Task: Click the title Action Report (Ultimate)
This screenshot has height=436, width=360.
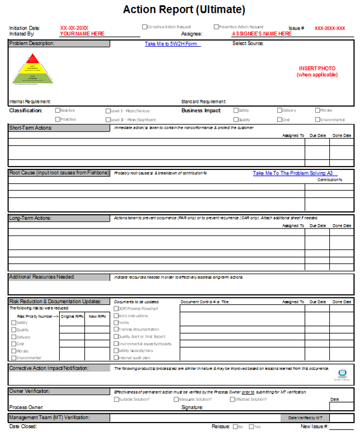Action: coord(184,10)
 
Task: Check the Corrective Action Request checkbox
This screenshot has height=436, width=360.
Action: coord(144,26)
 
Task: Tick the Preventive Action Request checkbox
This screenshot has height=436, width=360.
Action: coord(216,26)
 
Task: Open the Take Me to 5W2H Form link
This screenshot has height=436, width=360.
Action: coord(172,44)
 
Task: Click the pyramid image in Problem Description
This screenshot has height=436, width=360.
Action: coord(33,70)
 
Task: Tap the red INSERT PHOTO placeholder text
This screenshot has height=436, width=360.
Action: coord(317,72)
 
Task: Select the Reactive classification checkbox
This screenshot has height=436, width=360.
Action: coord(58,110)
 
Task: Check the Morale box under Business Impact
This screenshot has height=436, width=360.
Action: coord(317,110)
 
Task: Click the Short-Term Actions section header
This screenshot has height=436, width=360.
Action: coord(59,128)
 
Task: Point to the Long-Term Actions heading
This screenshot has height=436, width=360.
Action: coord(59,218)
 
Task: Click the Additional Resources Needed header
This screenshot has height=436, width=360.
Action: coord(59,277)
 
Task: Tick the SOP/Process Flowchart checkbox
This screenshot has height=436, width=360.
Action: coord(116,309)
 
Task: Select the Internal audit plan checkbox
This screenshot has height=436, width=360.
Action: coord(116,358)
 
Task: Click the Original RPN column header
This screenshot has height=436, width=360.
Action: coord(72,316)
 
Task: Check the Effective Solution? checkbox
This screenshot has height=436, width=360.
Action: coord(232,399)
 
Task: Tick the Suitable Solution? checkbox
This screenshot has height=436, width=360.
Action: coord(116,399)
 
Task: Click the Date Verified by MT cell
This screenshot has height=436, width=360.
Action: coord(305,418)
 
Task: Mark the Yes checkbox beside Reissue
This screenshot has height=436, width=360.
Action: coord(250,427)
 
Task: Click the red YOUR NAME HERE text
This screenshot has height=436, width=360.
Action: coord(82,33)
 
